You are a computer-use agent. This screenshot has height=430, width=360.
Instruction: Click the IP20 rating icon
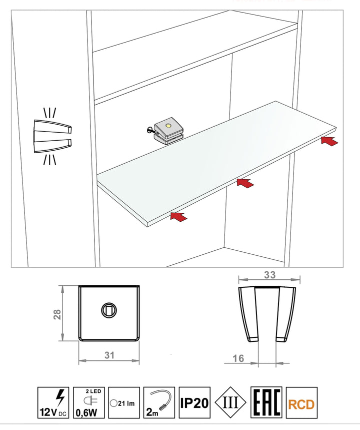click(194, 402)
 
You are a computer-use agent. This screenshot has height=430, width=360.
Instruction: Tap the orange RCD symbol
click(301, 402)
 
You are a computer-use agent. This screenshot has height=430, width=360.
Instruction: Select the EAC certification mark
click(266, 402)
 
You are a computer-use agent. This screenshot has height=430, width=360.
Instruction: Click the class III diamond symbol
click(230, 402)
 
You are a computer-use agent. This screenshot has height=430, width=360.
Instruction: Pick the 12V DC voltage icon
click(53, 402)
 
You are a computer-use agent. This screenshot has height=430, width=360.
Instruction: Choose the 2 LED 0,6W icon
click(89, 402)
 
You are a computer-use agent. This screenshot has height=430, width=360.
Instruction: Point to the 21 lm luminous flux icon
click(124, 402)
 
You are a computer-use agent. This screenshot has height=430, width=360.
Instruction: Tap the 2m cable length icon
click(159, 402)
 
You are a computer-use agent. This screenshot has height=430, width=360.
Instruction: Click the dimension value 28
click(57, 314)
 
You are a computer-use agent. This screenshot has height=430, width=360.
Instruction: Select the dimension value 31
click(109, 355)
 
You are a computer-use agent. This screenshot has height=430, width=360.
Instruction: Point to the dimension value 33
click(269, 275)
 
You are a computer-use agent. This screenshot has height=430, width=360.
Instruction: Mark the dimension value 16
click(238, 358)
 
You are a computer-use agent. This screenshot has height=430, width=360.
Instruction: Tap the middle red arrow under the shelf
click(245, 183)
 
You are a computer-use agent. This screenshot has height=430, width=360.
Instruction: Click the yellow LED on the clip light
click(168, 126)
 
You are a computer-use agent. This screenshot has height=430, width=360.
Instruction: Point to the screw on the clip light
click(149, 130)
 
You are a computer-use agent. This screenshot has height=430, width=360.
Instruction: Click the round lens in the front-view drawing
click(109, 310)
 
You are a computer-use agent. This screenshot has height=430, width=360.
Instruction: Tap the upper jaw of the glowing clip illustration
click(52, 127)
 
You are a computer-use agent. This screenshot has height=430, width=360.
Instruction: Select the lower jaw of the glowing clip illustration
click(52, 146)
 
